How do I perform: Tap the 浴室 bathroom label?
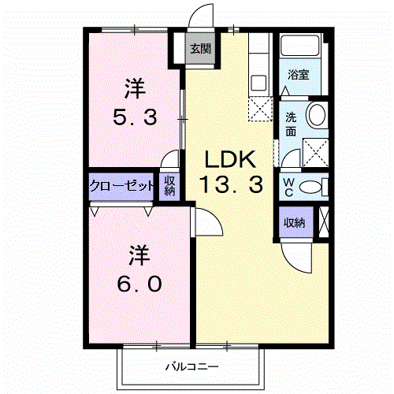click(298, 76)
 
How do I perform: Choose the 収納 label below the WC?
click(295, 222)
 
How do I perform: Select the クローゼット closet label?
click(122, 187)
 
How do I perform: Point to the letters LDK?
click(230, 159)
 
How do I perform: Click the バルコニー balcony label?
click(191, 366)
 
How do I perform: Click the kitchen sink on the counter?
click(258, 80)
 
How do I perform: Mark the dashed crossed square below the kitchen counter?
click(258, 110)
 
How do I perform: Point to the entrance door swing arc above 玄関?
click(202, 17)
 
